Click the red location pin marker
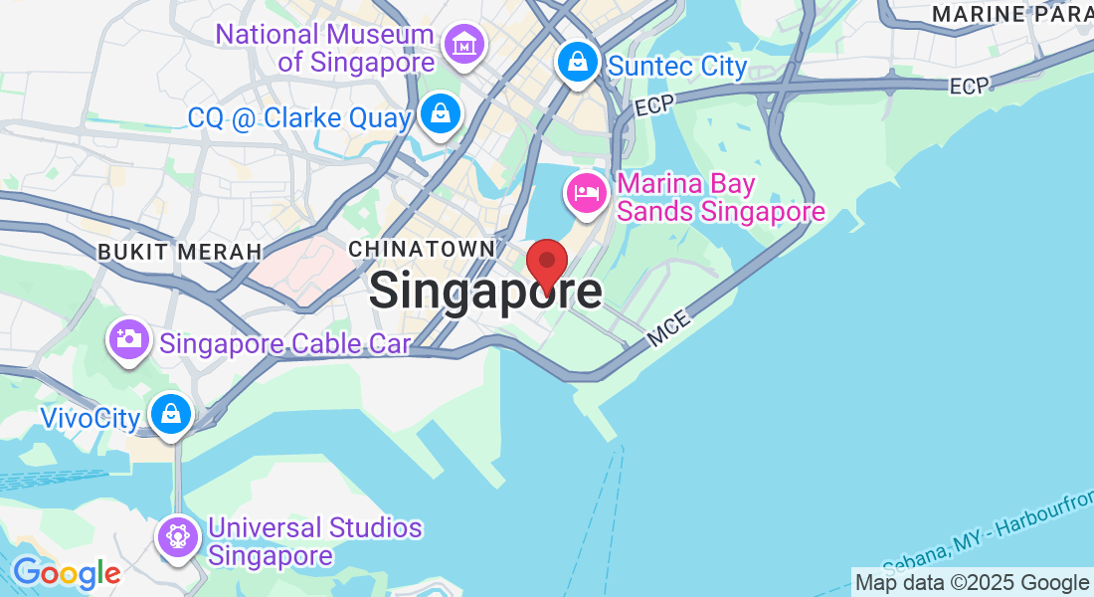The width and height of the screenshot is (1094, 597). coord(546,263)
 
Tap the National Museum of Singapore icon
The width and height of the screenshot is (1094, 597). coord(463,45)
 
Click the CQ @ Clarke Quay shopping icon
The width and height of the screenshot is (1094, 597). coord(440,114)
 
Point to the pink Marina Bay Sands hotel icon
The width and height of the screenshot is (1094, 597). coord(586,193)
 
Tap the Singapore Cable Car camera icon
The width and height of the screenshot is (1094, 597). coord(128,340)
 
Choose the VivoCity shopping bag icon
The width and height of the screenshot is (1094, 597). coord(171,413)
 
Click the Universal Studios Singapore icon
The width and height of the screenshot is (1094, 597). coord(178,537)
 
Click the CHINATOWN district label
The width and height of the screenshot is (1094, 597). coord(422,248)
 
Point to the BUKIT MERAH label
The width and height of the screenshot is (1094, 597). coord(179,253)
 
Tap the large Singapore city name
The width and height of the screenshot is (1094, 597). coord(485,292)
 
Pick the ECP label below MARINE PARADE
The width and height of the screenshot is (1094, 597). coord(970,87)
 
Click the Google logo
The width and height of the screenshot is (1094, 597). coord(66,573)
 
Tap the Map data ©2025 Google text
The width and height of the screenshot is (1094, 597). coord(972,583)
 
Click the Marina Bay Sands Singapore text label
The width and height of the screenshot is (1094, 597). coord(721,198)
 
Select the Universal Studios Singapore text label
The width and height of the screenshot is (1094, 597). coord(315,541)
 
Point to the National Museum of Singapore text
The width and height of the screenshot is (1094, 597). coord(325,48)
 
